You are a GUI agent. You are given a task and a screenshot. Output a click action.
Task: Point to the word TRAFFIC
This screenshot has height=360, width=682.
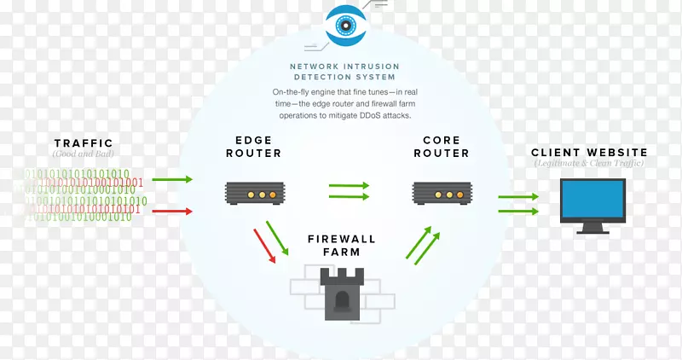pos(83,142)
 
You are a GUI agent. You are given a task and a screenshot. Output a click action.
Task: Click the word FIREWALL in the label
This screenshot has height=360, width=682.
pos(341,240)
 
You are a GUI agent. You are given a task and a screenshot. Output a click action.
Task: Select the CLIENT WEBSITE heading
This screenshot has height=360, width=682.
pos(589,153)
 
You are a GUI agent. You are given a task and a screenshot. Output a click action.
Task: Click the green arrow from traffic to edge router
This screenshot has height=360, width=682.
pos(172,180)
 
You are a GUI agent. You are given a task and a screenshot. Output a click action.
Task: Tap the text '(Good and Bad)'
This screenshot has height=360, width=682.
pos(83,154)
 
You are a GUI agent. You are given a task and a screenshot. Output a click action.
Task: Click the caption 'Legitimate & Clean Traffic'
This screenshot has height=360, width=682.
pos(589,164)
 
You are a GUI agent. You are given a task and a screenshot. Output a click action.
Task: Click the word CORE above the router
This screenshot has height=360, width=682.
pos(441,140)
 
